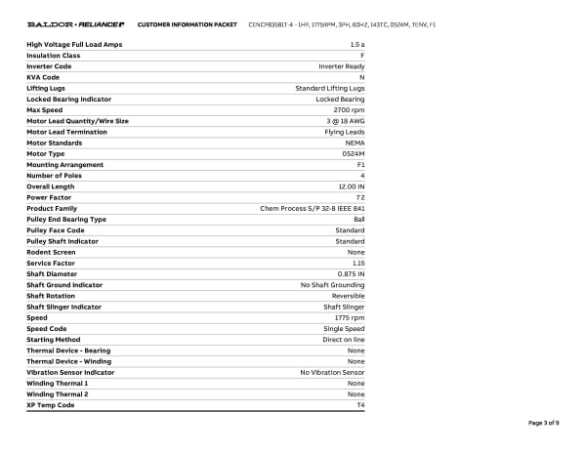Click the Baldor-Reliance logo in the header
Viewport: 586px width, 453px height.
pyautogui.click(x=74, y=23)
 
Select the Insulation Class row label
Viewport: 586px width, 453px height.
pyautogui.click(x=54, y=56)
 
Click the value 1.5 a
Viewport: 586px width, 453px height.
pyautogui.click(x=356, y=45)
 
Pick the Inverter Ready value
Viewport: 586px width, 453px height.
pyautogui.click(x=342, y=66)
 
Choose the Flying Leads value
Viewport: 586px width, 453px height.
pyautogui.click(x=345, y=132)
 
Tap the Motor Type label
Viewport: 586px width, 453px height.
pyautogui.click(x=46, y=153)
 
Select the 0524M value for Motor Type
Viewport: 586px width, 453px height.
pyautogui.click(x=354, y=153)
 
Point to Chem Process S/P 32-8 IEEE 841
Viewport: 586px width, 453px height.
pyautogui.click(x=313, y=208)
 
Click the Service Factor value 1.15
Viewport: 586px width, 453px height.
pyautogui.click(x=357, y=263)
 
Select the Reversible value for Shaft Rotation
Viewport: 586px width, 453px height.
pyautogui.click(x=349, y=296)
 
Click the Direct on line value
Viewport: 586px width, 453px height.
pyautogui.click(x=344, y=340)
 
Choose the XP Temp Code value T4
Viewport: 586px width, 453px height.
pyautogui.click(x=360, y=405)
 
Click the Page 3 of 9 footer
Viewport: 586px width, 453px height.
pyautogui.click(x=543, y=423)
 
